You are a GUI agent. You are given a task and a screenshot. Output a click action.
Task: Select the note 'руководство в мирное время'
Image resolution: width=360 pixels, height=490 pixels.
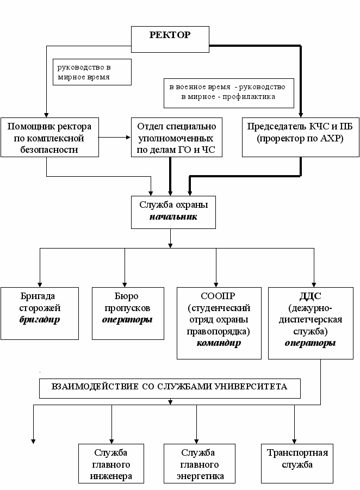pos(92,72)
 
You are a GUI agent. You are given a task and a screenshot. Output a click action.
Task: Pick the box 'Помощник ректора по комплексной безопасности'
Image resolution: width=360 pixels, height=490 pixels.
pos(49,138)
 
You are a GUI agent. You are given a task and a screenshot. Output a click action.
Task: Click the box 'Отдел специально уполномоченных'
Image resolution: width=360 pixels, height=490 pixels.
pos(177,138)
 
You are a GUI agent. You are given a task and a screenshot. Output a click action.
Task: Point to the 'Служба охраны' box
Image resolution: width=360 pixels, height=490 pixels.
pos(170,212)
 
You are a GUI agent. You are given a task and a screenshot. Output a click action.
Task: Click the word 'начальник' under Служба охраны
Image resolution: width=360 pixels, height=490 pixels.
pos(170,217)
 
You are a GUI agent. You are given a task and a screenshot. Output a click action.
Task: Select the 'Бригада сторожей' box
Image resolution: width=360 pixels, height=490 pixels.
pos(40,313)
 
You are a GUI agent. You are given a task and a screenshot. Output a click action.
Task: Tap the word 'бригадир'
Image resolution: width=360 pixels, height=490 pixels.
pos(40,319)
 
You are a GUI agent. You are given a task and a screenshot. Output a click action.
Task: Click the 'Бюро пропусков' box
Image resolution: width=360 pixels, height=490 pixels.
pos(127,313)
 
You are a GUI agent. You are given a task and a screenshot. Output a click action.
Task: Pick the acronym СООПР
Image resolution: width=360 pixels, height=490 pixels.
pos(216,297)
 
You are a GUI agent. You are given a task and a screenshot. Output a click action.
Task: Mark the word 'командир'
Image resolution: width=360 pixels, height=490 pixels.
pos(216,343)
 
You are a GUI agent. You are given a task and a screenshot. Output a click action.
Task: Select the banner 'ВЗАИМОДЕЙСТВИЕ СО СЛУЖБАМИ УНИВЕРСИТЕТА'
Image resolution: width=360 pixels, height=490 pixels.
pos(169,387)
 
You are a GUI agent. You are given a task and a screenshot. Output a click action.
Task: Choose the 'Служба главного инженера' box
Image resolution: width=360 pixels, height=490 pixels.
pos(111,463)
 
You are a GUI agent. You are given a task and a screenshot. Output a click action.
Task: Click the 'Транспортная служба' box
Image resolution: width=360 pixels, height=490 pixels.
pos(297,463)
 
